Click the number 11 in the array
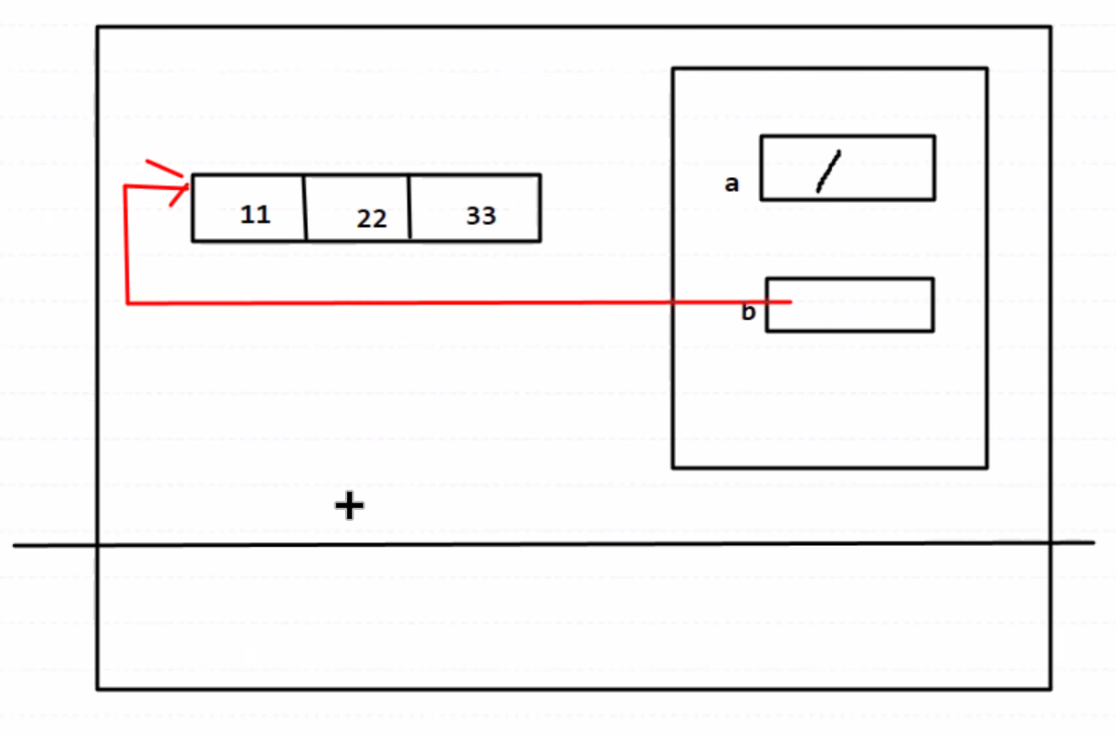point(255,215)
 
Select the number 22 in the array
point(372,220)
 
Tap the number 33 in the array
point(481,216)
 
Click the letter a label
point(731,184)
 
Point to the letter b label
point(748,313)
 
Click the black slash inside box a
point(829,172)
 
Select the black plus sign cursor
point(349,505)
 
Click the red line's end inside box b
point(789,302)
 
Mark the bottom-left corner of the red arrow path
point(126,303)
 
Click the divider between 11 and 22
point(305,208)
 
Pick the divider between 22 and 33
point(410,208)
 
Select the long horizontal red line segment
point(415,303)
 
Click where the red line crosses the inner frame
point(673,302)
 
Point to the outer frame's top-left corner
point(98,27)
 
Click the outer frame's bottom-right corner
point(1050,688)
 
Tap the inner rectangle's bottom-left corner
point(673,468)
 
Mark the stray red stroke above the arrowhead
point(165,169)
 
